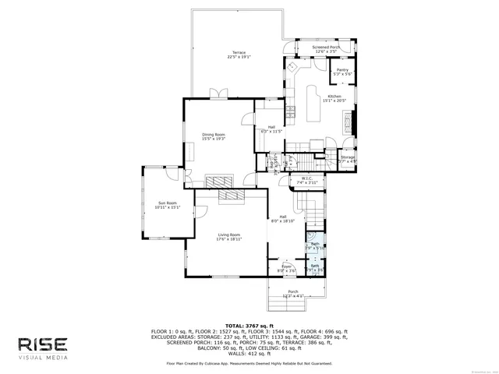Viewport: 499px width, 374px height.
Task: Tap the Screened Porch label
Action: (326, 49)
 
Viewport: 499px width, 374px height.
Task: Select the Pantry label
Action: (342, 72)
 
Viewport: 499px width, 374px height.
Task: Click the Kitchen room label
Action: (334, 98)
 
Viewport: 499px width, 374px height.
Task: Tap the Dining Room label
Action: (214, 136)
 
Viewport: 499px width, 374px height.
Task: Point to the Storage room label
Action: (347, 160)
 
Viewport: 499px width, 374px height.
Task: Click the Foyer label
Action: (285, 269)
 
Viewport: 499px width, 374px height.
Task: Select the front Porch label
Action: (293, 294)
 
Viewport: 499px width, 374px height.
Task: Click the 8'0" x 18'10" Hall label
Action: (282, 219)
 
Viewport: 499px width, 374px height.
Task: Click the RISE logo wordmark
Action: (44, 344)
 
